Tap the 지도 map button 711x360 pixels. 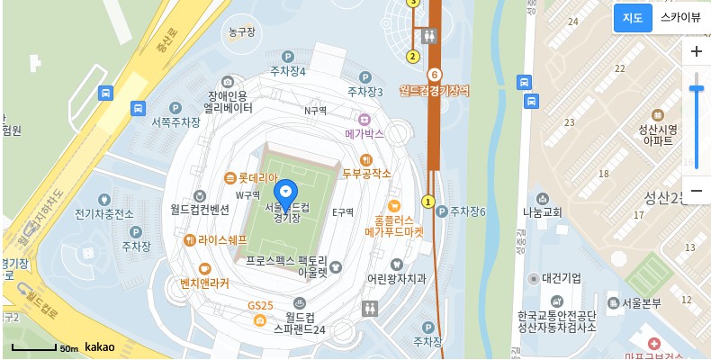(x=632, y=18)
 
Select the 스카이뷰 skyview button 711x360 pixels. (x=679, y=18)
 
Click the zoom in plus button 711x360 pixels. (x=696, y=52)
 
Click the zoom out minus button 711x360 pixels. (x=696, y=190)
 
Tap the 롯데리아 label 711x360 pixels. (x=258, y=177)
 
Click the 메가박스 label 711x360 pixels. (x=364, y=133)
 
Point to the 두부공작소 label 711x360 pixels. (x=366, y=173)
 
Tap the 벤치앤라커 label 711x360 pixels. (x=204, y=283)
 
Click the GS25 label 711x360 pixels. (x=260, y=306)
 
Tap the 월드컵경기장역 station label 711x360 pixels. (x=435, y=90)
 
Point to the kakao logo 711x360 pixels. (x=99, y=346)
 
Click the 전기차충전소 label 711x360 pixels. (x=104, y=213)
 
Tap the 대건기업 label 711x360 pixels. (x=561, y=278)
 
